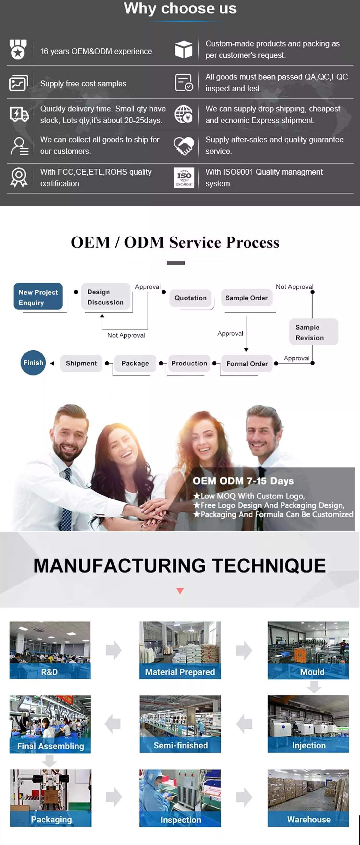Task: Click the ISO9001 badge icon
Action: coord(184,177)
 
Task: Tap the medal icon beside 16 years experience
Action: coord(18,49)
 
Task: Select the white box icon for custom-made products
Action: coord(184,49)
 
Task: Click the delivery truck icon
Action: coord(19,114)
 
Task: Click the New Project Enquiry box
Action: coord(38,297)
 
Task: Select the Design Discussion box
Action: coord(106,297)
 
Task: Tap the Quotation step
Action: coord(191,298)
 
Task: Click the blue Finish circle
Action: coord(33,363)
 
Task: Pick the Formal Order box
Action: coord(247,364)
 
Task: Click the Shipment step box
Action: coord(81,363)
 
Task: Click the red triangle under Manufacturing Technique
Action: coord(180,591)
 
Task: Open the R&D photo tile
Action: coord(50,650)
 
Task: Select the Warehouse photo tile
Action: coord(308,797)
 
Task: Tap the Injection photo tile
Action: coord(308,724)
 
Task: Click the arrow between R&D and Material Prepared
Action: coord(114,650)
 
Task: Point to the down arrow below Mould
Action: coord(314,686)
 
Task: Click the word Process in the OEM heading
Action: coord(252,243)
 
